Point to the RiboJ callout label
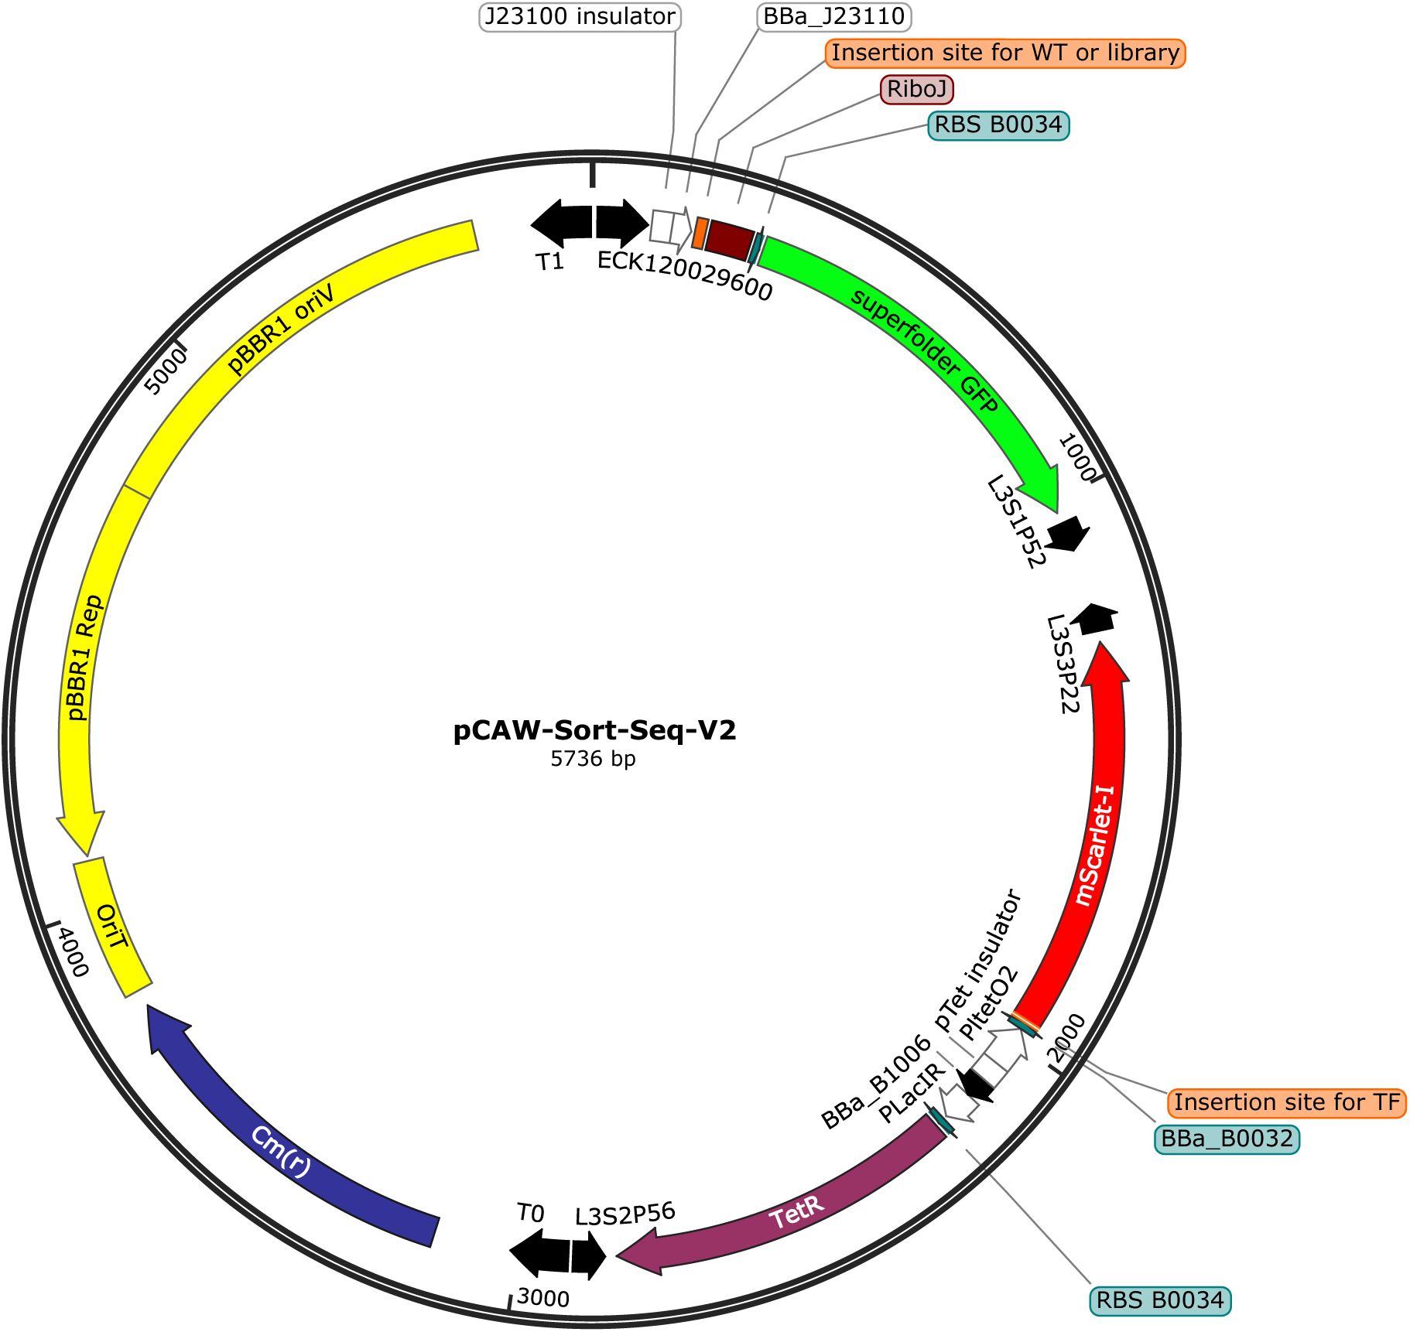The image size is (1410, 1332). [916, 89]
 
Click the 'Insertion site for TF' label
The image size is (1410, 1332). [1286, 1101]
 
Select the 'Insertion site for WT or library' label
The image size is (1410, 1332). [1005, 53]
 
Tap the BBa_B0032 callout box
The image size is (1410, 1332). [1227, 1139]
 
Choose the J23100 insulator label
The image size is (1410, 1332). [580, 16]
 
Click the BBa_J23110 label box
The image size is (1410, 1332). [833, 16]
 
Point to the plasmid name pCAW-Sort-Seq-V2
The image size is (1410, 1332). [594, 729]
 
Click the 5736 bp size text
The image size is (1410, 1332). [593, 759]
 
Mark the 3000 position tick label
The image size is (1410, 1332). [542, 1297]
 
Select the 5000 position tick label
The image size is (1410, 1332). [166, 372]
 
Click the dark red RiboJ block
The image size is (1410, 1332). [729, 238]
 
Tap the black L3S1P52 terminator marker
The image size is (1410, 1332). [1068, 533]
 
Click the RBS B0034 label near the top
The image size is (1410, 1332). [998, 125]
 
